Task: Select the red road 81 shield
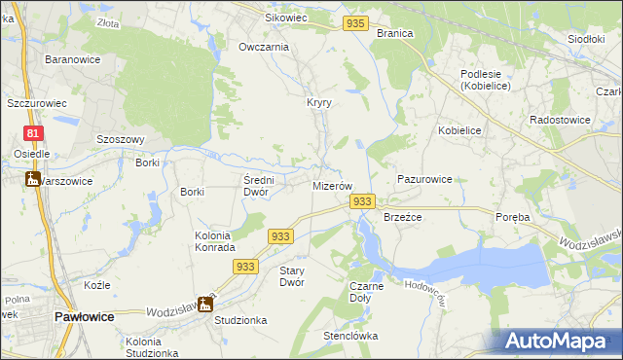[34, 133]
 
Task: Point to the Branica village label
[395, 33]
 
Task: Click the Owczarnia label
[264, 47]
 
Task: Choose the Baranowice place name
[69, 59]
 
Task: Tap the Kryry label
[319, 103]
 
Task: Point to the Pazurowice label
[424, 180]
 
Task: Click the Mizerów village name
[331, 185]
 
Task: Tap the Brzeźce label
[402, 218]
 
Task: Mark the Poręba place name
[512, 218]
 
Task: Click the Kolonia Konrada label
[200, 242]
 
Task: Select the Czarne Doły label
[366, 291]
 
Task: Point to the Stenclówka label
[350, 337]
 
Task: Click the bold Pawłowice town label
[85, 317]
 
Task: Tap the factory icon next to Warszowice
[31, 179]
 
